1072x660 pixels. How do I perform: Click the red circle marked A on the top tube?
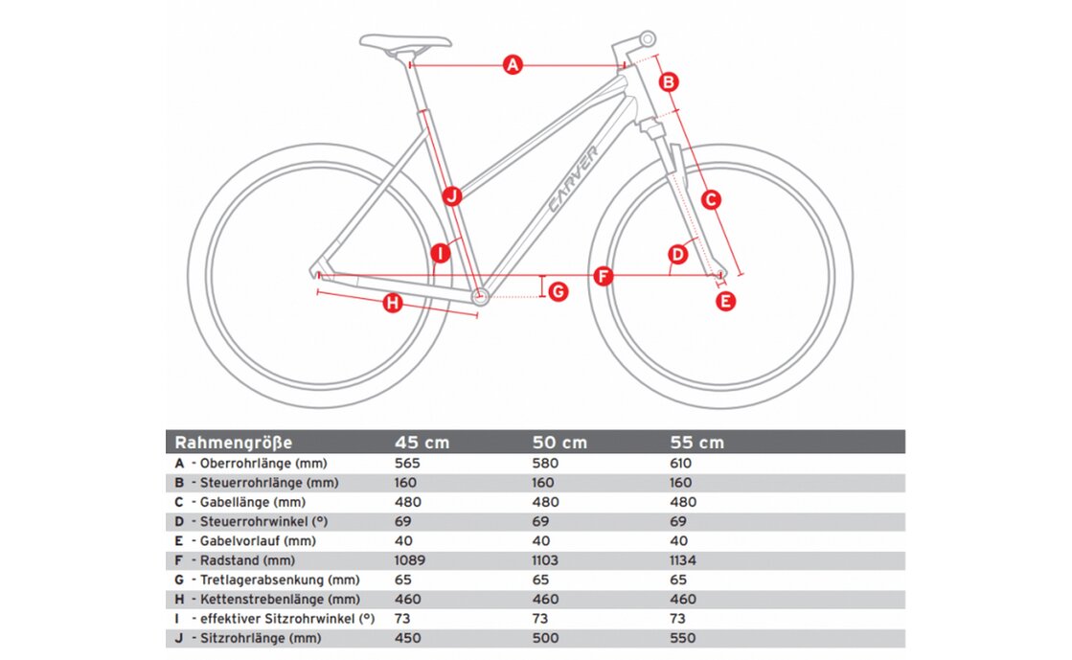[x=513, y=65]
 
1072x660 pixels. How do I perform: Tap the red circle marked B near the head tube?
[x=669, y=81]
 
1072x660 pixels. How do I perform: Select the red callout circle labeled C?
[x=711, y=199]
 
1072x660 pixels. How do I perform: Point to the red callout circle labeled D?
[x=678, y=254]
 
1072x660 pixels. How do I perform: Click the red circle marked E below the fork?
[x=726, y=301]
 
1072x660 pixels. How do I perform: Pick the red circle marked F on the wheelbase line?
[x=604, y=276]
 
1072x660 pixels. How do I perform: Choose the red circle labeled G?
[x=558, y=290]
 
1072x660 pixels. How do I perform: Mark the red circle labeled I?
[x=440, y=254]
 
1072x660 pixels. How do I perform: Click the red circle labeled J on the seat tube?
[x=452, y=196]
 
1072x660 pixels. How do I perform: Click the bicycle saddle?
[x=404, y=41]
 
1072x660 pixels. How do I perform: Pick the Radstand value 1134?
[x=685, y=560]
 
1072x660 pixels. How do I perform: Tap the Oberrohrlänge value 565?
[x=408, y=463]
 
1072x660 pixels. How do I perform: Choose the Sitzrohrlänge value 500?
[x=545, y=638]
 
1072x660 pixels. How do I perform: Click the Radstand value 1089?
[x=411, y=560]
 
